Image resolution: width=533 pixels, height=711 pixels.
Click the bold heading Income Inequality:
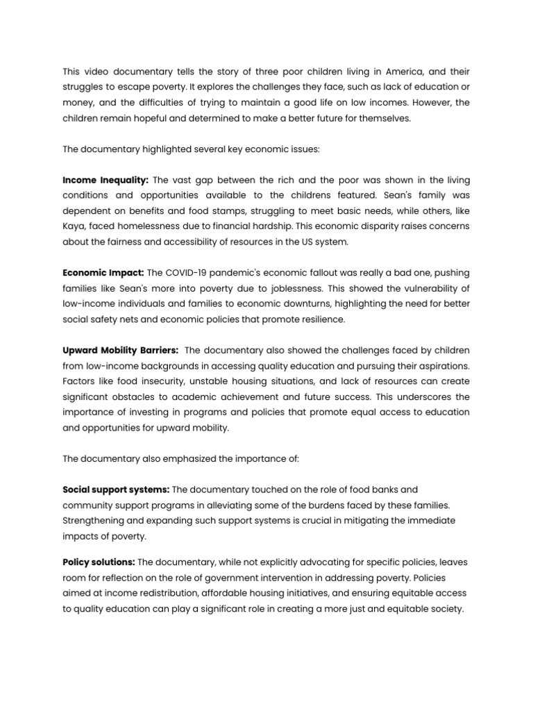[105, 180]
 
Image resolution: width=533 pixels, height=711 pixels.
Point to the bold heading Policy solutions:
[99, 561]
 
